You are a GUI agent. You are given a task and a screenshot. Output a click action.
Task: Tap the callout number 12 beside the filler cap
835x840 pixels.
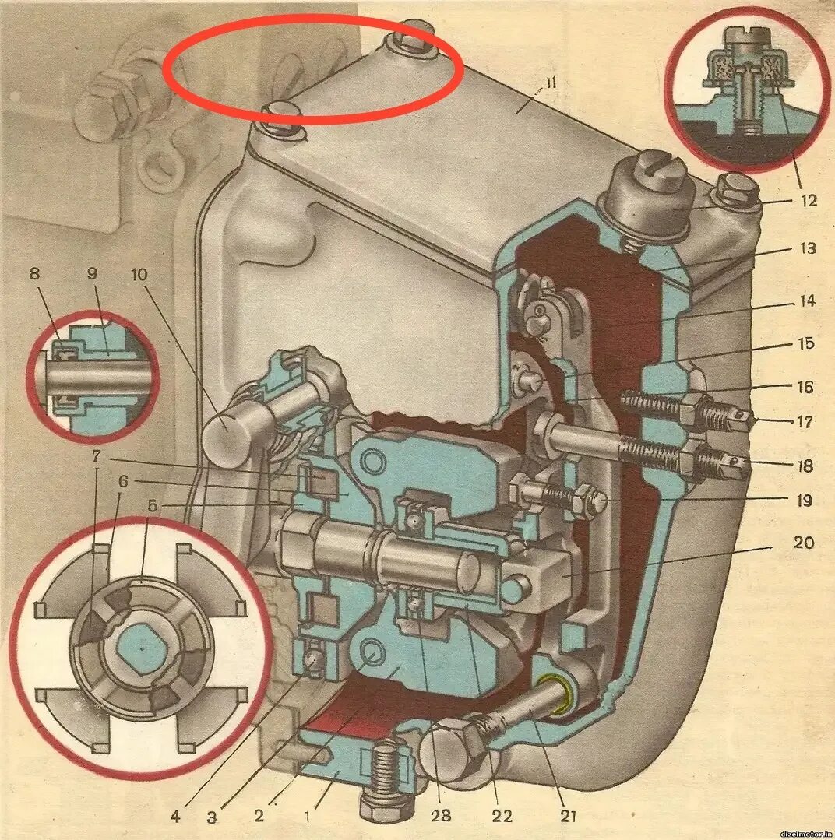(807, 200)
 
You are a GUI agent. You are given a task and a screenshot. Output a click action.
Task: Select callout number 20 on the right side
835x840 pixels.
(804, 541)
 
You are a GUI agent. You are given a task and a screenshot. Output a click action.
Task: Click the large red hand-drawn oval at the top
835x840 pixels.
(313, 69)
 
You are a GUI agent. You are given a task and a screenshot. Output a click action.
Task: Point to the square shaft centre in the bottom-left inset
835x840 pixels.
(142, 648)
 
